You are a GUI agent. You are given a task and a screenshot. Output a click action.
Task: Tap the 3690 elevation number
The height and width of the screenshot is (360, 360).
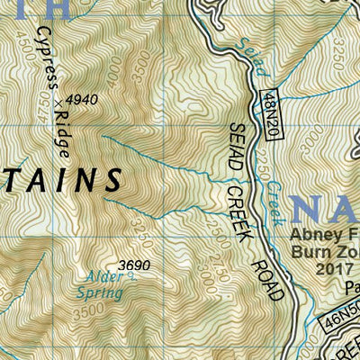(133, 265)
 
